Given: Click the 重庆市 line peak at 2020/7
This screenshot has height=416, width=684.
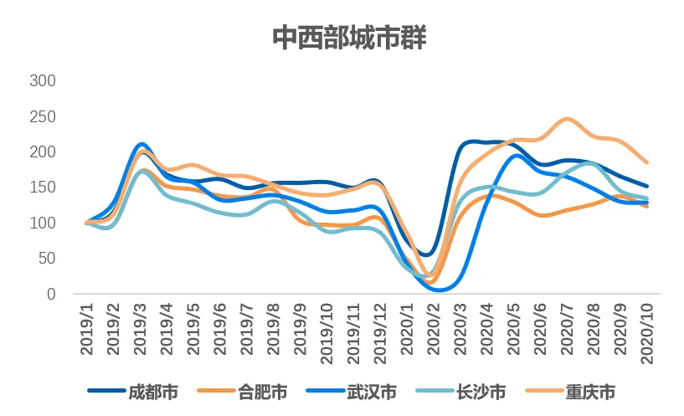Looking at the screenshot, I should pyautogui.click(x=567, y=119).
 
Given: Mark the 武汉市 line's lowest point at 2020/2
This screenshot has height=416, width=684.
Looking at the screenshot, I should pyautogui.click(x=440, y=290).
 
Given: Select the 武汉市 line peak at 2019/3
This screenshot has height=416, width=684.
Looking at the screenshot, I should pyautogui.click(x=141, y=145).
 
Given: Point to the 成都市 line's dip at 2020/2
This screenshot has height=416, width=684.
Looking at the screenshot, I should pyautogui.click(x=428, y=254).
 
